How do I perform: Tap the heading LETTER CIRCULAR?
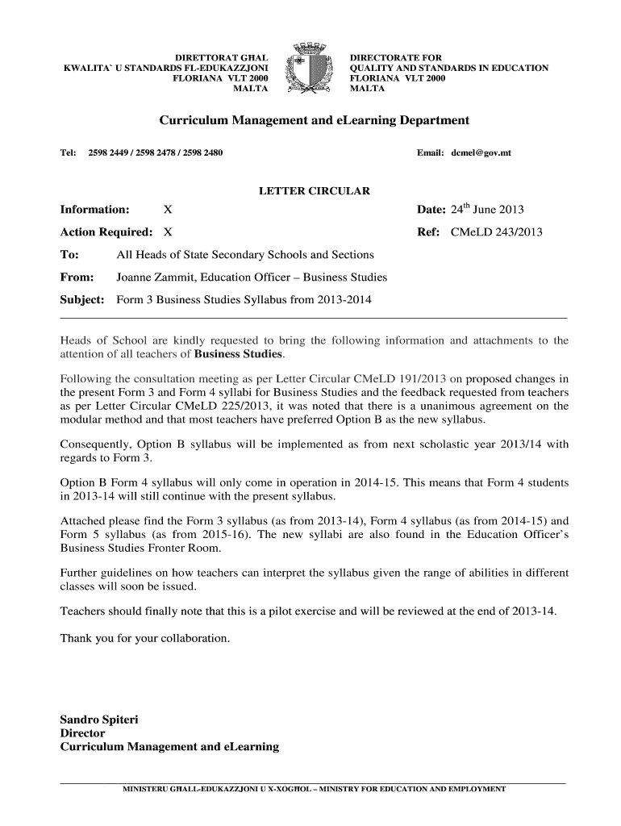[314, 191]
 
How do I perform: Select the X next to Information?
[168, 210]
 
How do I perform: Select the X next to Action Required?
[168, 232]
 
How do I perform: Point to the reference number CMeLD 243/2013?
[496, 232]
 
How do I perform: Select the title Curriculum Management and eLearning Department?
[314, 120]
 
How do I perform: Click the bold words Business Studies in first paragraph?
[240, 354]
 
